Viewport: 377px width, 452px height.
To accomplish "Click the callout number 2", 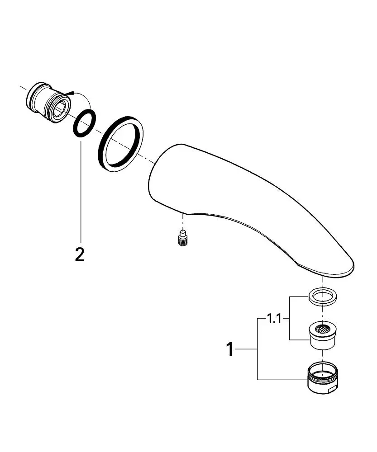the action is (80, 254).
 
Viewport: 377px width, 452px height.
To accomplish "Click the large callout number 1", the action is (230, 349).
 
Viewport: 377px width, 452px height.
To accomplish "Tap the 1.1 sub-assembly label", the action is (274, 319).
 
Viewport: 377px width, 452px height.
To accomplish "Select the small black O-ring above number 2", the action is (85, 123).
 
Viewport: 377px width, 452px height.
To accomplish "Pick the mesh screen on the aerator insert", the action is (322, 328).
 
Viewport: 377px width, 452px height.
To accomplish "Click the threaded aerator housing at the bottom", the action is (322, 377).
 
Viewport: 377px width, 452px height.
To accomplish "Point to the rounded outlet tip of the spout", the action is (341, 267).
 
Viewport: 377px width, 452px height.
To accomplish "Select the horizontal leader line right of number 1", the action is (247, 349).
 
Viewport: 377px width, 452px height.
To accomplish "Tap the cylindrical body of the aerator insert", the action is (322, 340).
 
